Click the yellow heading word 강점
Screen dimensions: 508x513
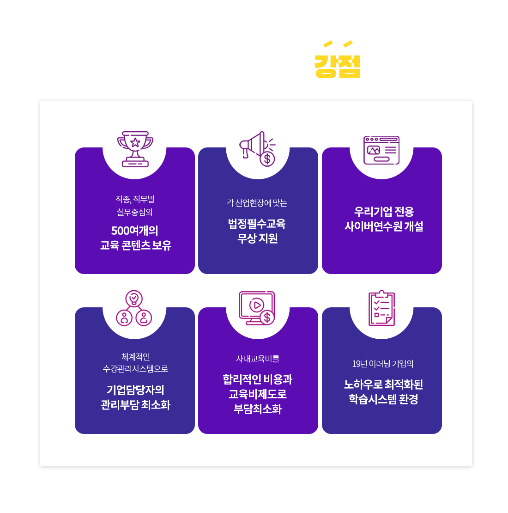337,67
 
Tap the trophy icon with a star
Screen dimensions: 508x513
135,149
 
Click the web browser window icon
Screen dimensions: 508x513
381,150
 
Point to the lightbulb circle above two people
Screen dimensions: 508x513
134,299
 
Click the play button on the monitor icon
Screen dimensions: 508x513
257,305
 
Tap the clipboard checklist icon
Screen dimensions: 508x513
381,308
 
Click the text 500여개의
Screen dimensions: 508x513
135,231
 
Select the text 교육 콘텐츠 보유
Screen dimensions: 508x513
136,245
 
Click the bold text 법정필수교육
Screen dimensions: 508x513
257,224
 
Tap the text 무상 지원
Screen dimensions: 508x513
258,238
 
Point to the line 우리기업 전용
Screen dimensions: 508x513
384,212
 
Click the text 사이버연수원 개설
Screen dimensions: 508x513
384,226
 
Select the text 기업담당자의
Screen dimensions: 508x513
135,390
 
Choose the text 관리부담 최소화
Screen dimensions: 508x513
136,405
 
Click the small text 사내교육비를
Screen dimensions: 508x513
258,359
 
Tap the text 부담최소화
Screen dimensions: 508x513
258,409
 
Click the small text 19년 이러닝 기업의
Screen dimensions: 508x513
383,364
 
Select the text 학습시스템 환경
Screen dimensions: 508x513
383,399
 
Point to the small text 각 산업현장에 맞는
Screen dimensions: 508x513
257,203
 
